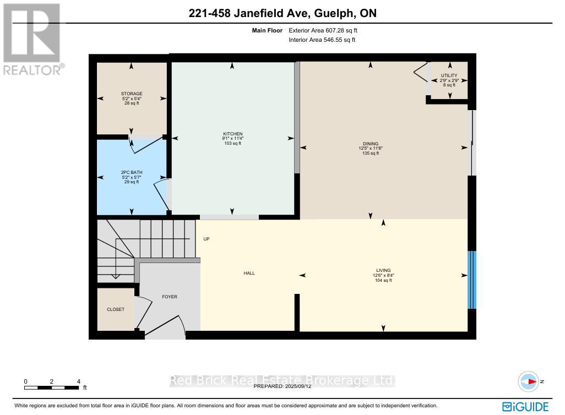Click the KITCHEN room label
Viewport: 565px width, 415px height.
pos(232,134)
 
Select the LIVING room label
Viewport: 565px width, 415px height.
pos(383,270)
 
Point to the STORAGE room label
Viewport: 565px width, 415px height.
pos(132,94)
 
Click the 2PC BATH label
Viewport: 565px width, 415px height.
pos(132,172)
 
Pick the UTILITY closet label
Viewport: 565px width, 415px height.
pos(449,75)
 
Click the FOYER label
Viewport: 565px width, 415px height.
pos(169,297)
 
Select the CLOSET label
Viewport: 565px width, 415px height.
pos(116,309)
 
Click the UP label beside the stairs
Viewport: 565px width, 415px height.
pos(207,239)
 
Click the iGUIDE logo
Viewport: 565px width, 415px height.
pos(526,407)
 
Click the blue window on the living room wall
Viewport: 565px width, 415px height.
pos(471,280)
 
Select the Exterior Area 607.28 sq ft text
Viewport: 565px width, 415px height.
pos(326,31)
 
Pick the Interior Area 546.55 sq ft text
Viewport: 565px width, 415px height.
pos(322,40)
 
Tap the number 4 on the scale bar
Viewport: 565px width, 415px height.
pos(79,381)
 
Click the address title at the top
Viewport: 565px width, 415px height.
pos(282,13)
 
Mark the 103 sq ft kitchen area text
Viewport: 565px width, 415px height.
pos(232,144)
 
